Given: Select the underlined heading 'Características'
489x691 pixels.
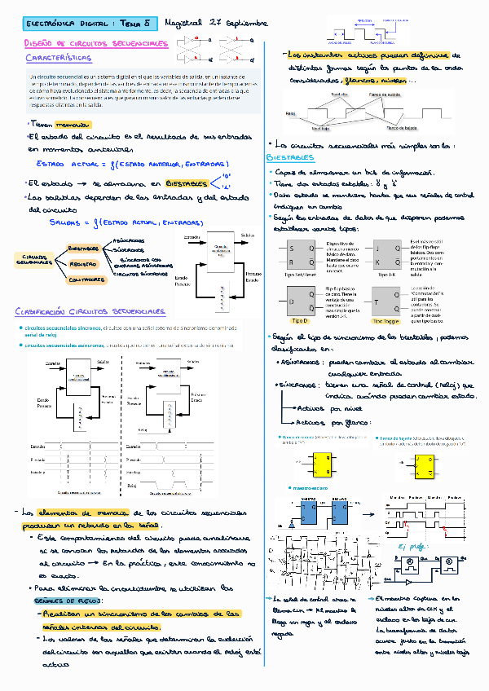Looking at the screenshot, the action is [x=59, y=59].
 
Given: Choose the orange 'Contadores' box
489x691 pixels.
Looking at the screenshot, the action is [x=86, y=279].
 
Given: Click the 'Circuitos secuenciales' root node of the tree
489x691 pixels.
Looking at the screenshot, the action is [x=33, y=259].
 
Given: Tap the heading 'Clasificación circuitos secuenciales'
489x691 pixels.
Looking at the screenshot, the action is [x=89, y=311].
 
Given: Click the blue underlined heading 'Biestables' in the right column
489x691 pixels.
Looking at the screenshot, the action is [x=289, y=156].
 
